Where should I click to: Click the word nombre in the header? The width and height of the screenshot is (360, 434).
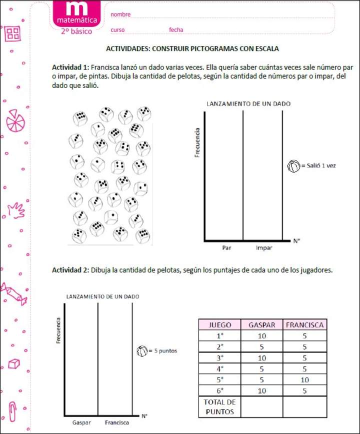point(120,14)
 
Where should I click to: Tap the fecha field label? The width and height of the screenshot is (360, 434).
point(176,30)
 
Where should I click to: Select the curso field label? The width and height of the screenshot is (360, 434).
point(117,30)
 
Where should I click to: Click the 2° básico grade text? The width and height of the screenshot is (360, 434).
point(76,31)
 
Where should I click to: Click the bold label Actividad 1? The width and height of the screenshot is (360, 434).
point(70,67)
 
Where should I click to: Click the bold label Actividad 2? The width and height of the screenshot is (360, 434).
point(70,270)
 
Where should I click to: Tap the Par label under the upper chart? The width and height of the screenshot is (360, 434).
point(226,247)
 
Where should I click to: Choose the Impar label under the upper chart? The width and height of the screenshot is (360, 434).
point(263,247)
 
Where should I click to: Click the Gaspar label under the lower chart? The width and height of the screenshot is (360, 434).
point(81,422)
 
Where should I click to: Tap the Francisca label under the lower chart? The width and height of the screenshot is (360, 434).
point(117,422)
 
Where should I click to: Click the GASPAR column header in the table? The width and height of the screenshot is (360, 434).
point(261,325)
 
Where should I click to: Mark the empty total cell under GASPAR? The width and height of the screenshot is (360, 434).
point(261,407)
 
